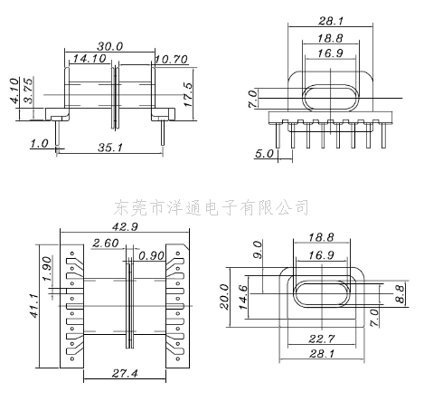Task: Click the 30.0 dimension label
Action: click(x=110, y=46)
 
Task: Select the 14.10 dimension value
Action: click(x=90, y=58)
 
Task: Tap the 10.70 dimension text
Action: click(x=172, y=60)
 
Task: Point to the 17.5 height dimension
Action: click(x=187, y=94)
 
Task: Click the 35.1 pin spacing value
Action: click(x=110, y=148)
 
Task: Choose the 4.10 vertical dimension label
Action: click(x=14, y=91)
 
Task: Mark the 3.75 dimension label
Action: click(x=28, y=91)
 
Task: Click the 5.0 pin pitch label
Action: click(x=264, y=154)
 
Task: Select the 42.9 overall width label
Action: click(x=125, y=226)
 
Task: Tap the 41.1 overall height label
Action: click(x=34, y=306)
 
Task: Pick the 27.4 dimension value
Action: click(x=125, y=374)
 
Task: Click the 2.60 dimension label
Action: click(x=106, y=243)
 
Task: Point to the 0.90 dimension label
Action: click(x=152, y=256)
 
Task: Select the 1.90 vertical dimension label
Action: click(x=47, y=269)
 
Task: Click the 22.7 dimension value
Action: click(x=322, y=339)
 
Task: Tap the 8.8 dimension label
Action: click(x=400, y=294)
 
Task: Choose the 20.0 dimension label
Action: click(x=224, y=296)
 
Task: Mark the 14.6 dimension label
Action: click(x=243, y=297)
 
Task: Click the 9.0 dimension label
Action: click(x=259, y=250)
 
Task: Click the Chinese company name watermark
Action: click(x=212, y=207)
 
